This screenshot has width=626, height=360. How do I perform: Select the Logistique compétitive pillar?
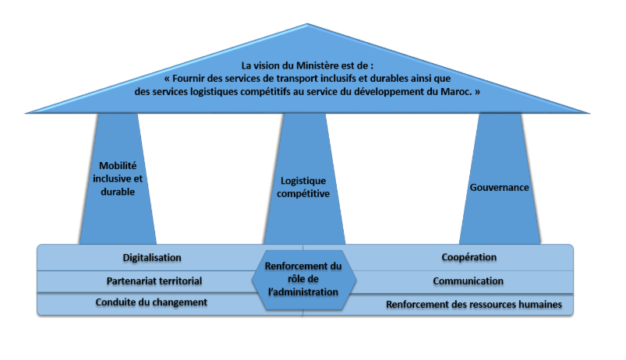click(x=303, y=187)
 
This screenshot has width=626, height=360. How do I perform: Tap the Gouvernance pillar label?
click(x=500, y=188)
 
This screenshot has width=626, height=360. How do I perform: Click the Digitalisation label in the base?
click(x=152, y=258)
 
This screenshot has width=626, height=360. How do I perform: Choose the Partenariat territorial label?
click(x=154, y=281)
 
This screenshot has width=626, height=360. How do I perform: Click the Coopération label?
click(x=469, y=258)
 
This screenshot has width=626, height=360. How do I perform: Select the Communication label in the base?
click(x=468, y=281)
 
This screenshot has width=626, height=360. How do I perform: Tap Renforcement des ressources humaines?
click(x=473, y=304)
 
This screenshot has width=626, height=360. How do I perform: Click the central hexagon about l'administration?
click(x=303, y=279)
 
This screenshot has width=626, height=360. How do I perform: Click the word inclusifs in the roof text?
click(x=332, y=78)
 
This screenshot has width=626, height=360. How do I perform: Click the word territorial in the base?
click(x=179, y=281)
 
